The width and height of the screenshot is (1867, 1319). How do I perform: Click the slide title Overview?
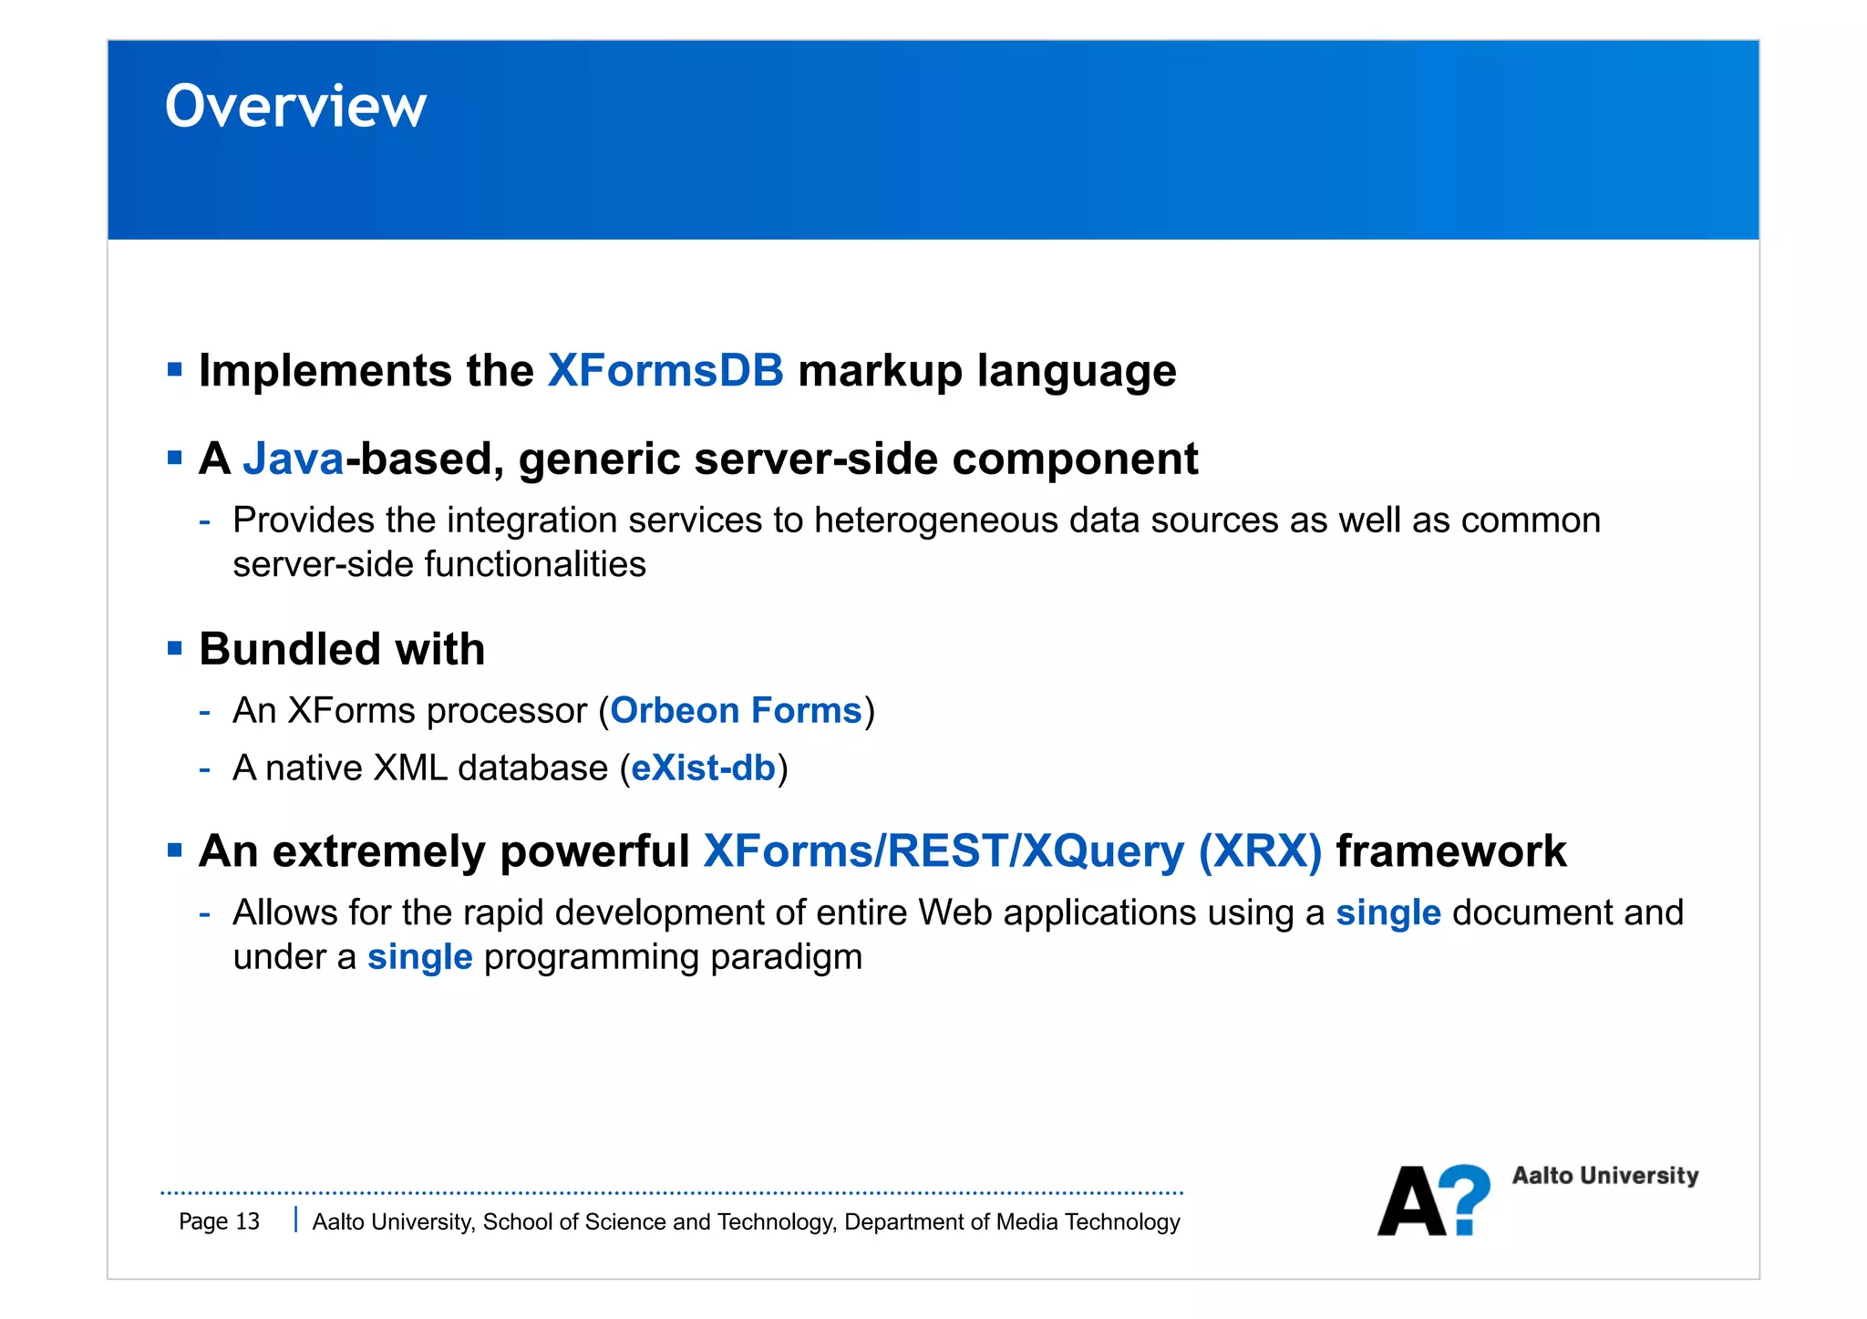(x=295, y=107)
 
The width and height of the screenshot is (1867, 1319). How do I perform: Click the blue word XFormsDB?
(x=665, y=371)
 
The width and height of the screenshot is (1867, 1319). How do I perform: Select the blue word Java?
(x=294, y=459)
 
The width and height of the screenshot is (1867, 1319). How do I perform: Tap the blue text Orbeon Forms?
(x=736, y=711)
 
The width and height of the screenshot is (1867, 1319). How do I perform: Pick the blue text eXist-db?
(x=703, y=768)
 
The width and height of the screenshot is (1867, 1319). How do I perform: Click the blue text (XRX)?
(x=1259, y=851)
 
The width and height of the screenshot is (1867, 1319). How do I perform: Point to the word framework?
(x=1450, y=851)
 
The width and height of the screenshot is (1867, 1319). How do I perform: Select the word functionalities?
(x=535, y=565)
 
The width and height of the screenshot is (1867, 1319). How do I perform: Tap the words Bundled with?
(x=342, y=650)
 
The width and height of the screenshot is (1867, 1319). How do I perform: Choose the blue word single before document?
(x=1387, y=913)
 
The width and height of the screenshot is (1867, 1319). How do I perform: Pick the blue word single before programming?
(x=419, y=957)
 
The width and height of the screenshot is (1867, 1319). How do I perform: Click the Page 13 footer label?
(x=219, y=1221)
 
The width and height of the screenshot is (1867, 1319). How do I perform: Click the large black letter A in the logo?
(x=1410, y=1202)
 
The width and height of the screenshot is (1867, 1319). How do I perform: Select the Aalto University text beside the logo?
(x=1604, y=1176)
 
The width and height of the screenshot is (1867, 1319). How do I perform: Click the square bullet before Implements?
(x=175, y=370)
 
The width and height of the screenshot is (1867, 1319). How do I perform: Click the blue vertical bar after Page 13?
(x=295, y=1220)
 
